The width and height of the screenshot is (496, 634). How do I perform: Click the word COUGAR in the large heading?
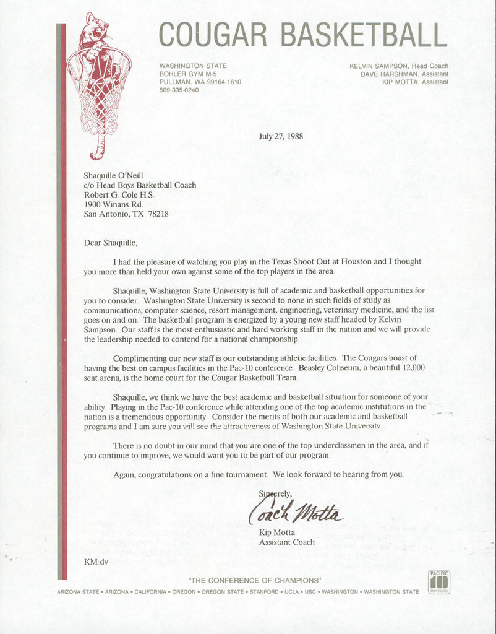216,35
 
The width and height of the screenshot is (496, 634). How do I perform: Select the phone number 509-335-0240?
179,90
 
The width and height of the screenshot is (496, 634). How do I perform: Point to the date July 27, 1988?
281,136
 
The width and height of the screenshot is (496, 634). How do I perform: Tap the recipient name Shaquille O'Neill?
113,176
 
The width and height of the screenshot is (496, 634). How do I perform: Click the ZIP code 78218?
157,214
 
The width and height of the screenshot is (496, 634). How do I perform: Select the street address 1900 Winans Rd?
113,204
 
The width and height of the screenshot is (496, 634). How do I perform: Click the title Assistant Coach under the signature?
288,542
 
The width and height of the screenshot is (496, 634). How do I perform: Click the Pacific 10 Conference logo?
439,582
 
